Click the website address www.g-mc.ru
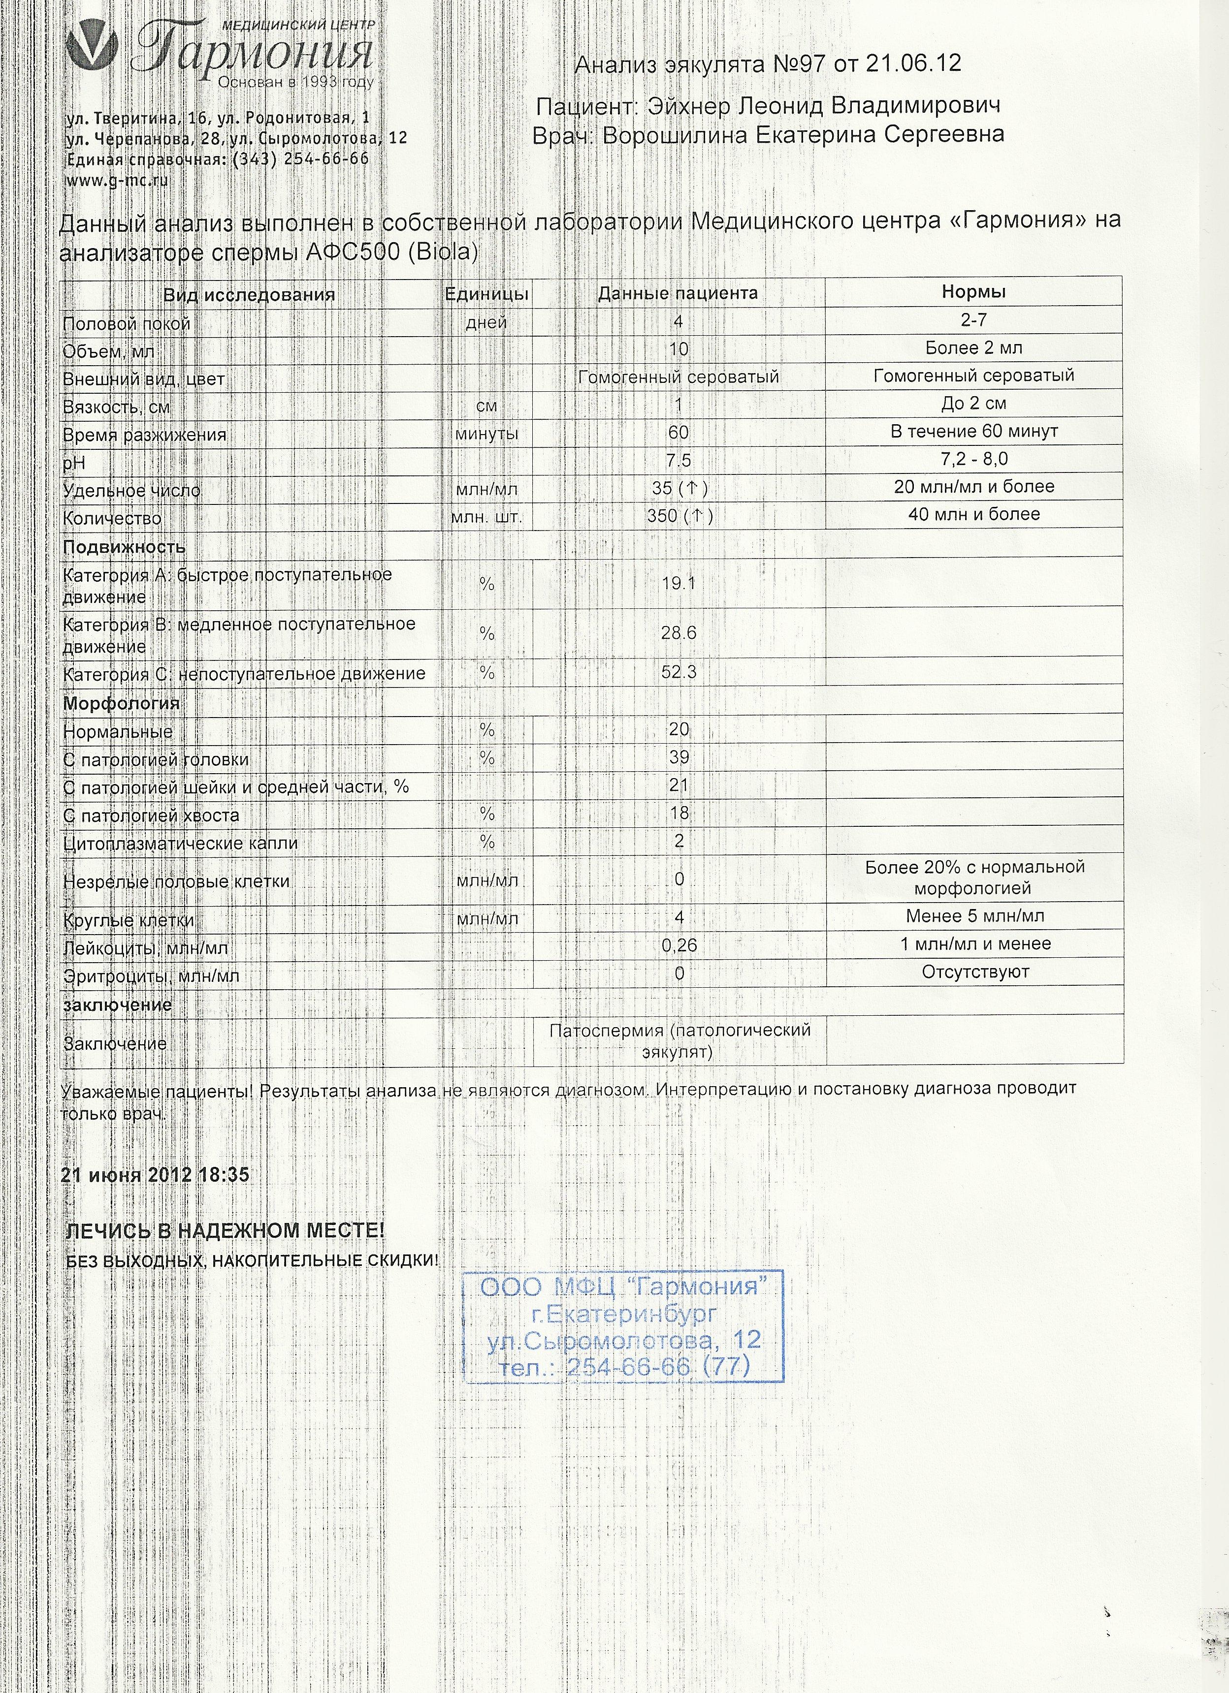117,181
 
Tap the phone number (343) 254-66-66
301,159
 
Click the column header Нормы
973,292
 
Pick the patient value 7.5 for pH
678,461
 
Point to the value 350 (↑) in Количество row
680,516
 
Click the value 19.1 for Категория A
678,583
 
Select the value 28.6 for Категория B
678,633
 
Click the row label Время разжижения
144,435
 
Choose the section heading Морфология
121,703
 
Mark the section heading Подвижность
124,547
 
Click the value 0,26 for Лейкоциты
679,946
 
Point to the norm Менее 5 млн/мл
974,916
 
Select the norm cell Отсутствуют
974,972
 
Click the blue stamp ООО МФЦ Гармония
623,1326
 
